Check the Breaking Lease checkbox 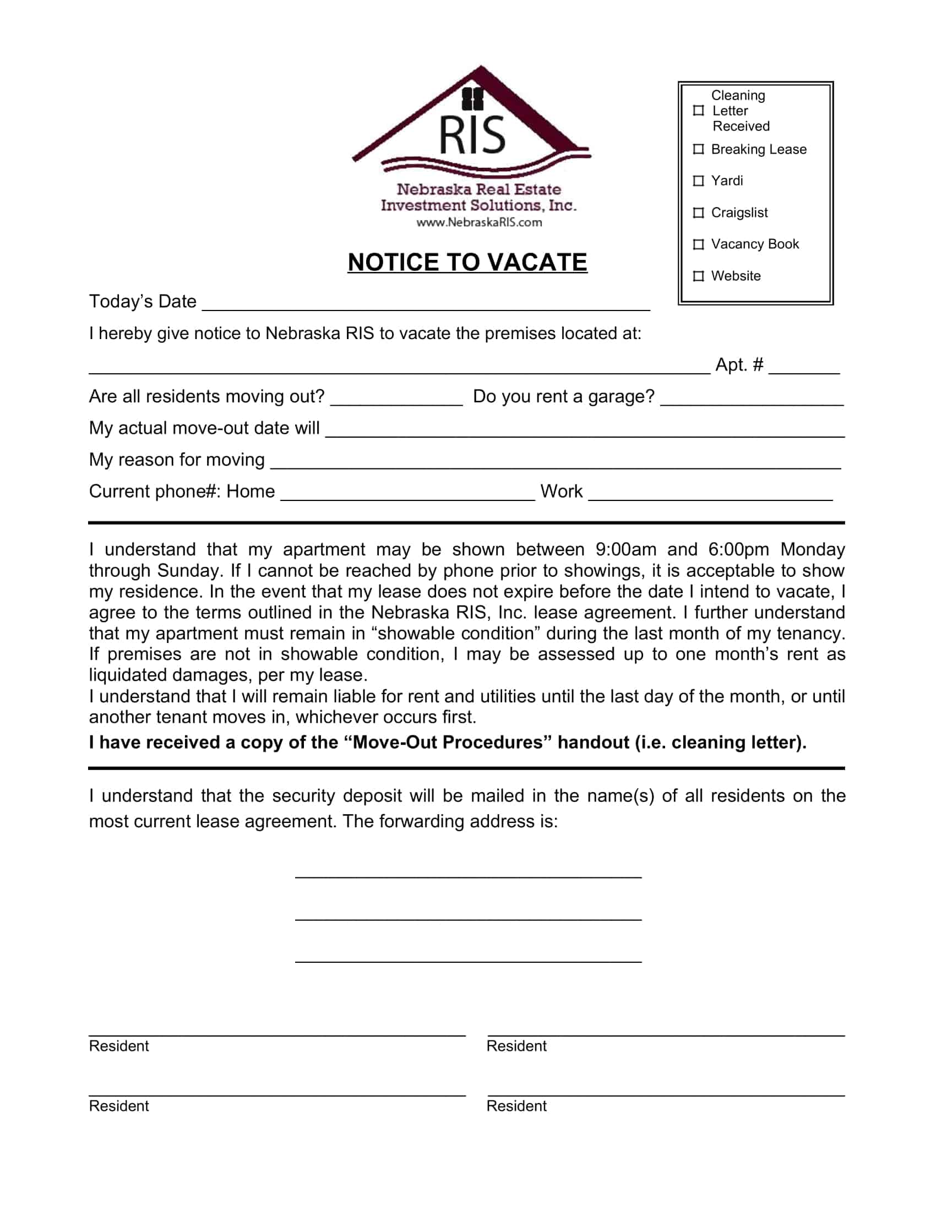click(699, 149)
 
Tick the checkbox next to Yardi click(699, 181)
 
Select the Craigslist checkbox click(699, 212)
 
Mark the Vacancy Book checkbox click(699, 244)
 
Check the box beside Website click(699, 276)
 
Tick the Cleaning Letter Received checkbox click(699, 110)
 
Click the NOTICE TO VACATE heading click(467, 261)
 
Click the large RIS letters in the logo click(472, 135)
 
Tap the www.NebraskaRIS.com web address click(479, 222)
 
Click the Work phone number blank click(710, 494)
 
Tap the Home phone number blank click(407, 494)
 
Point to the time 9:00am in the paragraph click(625, 549)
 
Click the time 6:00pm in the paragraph click(738, 549)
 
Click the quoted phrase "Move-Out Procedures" click(448, 743)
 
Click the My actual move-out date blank click(585, 430)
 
